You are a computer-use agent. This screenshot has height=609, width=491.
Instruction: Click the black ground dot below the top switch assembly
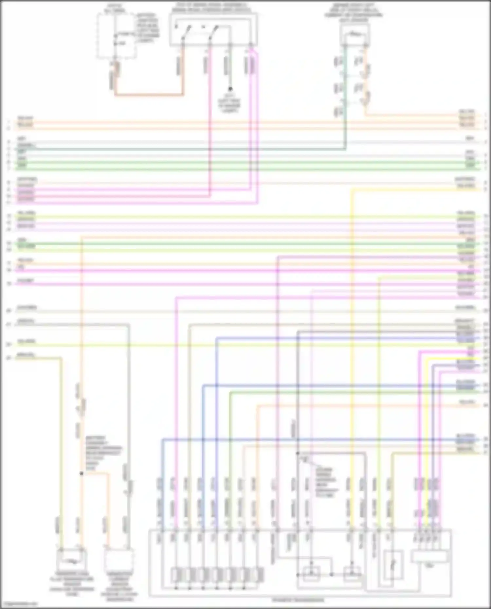coord(230,89)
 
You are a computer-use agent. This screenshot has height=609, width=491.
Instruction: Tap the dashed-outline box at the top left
coord(116,36)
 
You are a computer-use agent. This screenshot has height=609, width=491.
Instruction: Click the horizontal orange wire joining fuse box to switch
coord(149,95)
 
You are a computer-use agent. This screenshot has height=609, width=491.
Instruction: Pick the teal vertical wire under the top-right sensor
coord(345,98)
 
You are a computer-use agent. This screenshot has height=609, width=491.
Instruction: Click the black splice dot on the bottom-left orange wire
coord(82,473)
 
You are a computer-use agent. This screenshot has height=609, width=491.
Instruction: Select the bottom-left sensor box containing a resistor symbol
coord(72,560)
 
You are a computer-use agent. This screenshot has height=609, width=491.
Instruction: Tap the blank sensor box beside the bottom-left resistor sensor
coord(118,560)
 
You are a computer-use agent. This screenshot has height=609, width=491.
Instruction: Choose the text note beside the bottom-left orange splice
coord(103,453)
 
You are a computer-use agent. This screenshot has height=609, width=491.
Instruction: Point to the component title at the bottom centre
coord(298,600)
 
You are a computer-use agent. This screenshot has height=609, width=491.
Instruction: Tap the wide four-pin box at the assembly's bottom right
coord(429,557)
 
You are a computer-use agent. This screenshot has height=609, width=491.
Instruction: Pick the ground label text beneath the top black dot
coord(230,103)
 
